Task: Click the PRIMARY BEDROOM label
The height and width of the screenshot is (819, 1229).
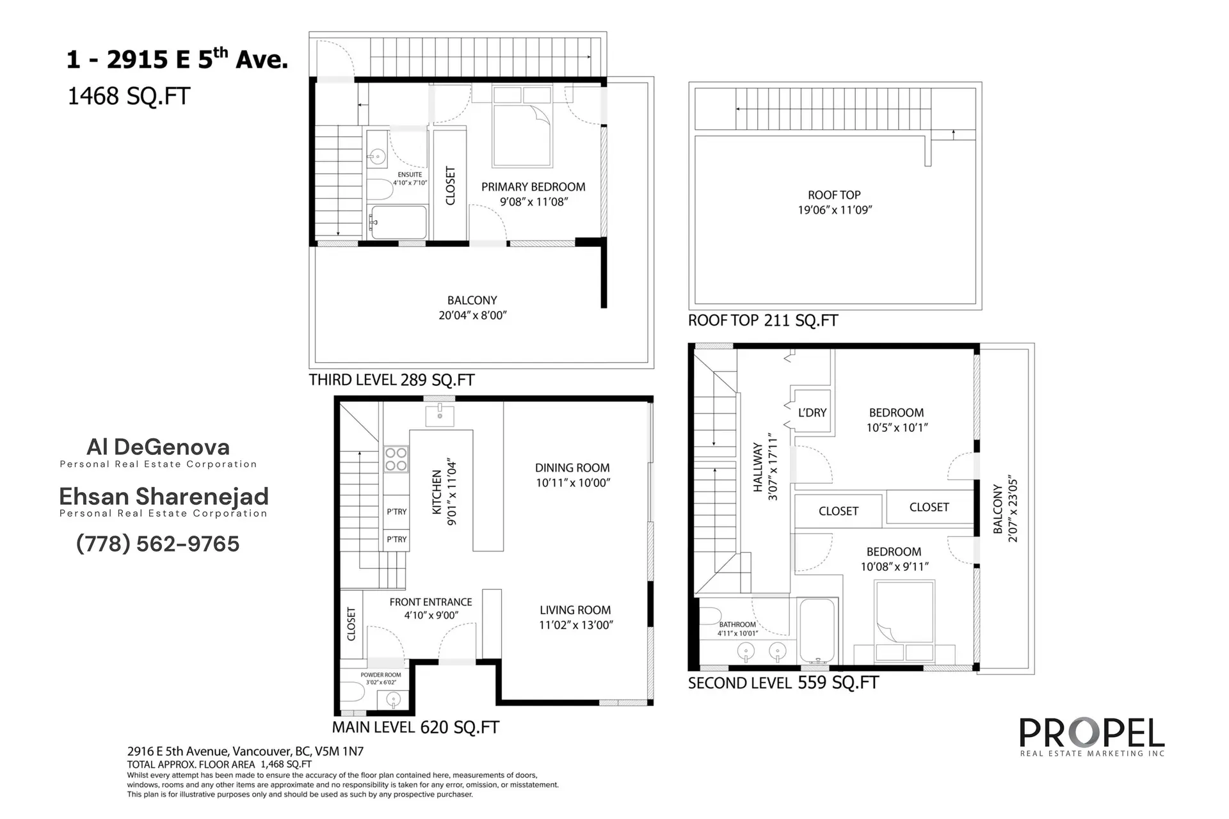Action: click(533, 187)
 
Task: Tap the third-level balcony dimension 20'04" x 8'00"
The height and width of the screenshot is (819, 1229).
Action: click(472, 315)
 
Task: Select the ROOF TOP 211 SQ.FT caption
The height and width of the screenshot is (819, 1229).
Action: click(762, 321)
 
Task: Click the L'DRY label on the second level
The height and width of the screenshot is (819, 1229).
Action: click(812, 413)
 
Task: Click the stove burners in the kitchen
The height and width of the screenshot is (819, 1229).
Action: click(396, 459)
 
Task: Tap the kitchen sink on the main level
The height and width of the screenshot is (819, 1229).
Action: click(440, 415)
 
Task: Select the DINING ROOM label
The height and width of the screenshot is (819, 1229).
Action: click(572, 468)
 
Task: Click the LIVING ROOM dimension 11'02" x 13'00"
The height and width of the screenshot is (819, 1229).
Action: click(575, 625)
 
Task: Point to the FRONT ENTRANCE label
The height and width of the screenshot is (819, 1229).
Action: click(431, 602)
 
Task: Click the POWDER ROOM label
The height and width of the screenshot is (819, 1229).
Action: click(381, 675)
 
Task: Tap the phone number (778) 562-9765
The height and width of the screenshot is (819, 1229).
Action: click(157, 544)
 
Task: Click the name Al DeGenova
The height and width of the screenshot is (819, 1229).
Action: click(158, 447)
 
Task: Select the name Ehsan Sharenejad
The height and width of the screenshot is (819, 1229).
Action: click(163, 497)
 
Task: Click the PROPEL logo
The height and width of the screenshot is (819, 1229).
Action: click(1091, 734)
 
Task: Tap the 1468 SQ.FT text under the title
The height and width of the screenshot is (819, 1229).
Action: click(129, 97)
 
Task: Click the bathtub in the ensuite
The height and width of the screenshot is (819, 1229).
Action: click(399, 222)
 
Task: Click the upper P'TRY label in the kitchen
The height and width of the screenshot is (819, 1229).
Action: click(396, 512)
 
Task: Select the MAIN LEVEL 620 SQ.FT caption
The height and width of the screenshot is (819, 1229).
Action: click(415, 728)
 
